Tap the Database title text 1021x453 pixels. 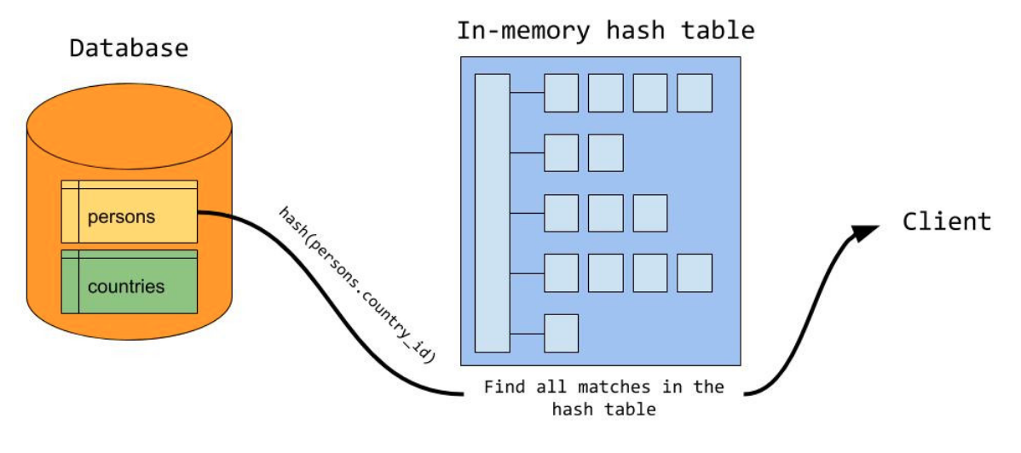[128, 48]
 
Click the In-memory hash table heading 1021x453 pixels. [605, 32]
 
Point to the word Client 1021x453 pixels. [947, 222]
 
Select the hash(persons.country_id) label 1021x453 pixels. [356, 284]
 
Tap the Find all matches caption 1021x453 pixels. [603, 397]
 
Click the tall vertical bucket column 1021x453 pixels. [492, 213]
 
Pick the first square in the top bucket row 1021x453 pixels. [561, 93]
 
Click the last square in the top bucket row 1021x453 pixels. [694, 93]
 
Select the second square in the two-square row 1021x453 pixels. [605, 152]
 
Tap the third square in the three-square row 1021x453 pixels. [649, 213]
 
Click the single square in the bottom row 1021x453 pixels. [561, 333]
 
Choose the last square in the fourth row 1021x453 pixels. [694, 272]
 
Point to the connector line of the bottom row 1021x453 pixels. [527, 333]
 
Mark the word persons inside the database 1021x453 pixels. [121, 216]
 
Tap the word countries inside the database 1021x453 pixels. [126, 286]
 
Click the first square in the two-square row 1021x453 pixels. [561, 152]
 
